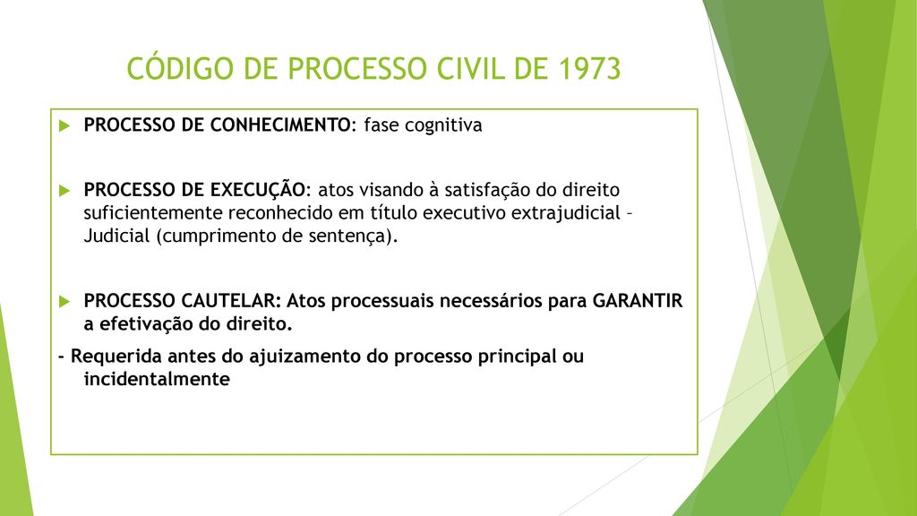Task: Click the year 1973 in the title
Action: tap(589, 68)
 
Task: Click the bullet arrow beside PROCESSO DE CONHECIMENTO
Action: tap(64, 125)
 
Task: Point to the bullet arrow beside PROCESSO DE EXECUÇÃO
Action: tap(64, 191)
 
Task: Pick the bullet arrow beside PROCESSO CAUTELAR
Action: tap(64, 302)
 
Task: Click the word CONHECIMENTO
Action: tap(279, 125)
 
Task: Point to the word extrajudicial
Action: tap(566, 213)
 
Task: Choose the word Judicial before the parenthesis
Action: tap(117, 236)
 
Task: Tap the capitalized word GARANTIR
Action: tap(638, 301)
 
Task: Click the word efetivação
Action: tap(146, 324)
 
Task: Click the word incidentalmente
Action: tap(157, 379)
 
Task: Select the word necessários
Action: tap(491, 301)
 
